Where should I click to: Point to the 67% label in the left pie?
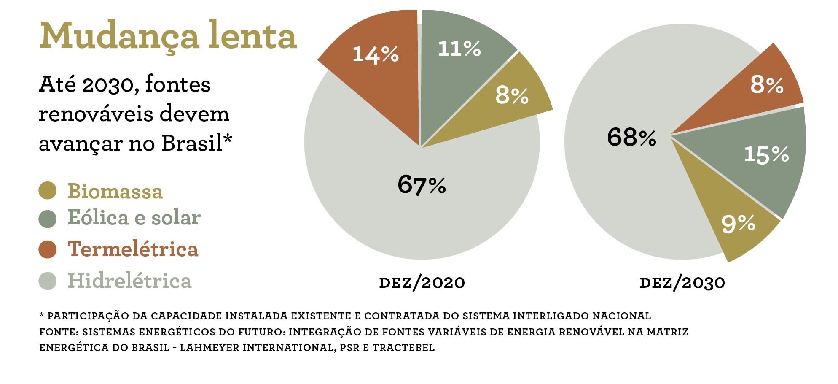click(422, 184)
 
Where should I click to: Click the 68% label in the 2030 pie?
click(631, 137)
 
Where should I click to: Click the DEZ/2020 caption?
click(422, 282)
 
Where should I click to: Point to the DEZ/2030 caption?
click(682, 282)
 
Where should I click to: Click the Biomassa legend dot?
click(47, 190)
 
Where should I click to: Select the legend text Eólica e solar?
click(134, 218)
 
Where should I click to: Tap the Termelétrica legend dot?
click(47, 249)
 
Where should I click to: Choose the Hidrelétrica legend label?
click(129, 281)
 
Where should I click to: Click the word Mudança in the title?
click(119, 36)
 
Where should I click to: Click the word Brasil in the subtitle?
click(192, 143)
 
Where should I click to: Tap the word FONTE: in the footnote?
click(59, 332)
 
